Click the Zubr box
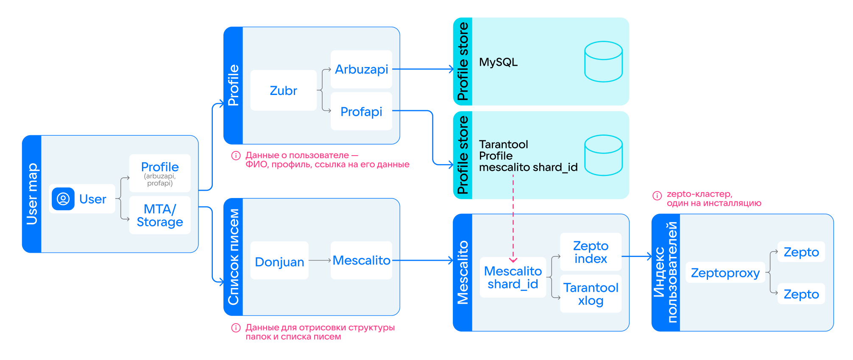283,90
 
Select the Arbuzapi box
361,69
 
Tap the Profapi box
361,112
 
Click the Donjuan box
279,261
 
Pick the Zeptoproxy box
725,273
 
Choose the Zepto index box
591,252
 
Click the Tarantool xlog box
591,294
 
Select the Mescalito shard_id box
513,277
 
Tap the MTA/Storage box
160,215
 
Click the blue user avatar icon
63,199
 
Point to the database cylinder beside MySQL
603,62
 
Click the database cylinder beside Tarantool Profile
603,155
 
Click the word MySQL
498,62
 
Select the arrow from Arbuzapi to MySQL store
424,69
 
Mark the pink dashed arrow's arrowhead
513,260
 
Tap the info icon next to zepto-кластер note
657,195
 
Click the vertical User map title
32,194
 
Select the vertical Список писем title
233,257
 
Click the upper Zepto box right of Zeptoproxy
801,252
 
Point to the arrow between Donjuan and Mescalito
320,260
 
